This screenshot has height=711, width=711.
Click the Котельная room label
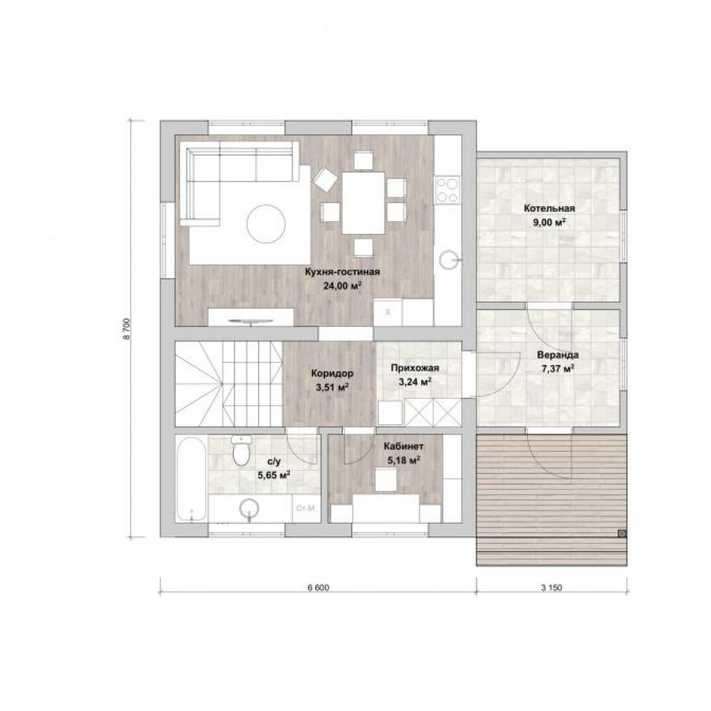549,209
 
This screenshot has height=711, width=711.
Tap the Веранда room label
558,355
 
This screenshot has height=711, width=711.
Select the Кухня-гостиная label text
342,272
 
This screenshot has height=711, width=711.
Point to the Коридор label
333,374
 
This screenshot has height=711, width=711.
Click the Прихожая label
415,367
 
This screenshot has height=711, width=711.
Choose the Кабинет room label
404,446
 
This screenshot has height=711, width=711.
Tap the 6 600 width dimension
318,588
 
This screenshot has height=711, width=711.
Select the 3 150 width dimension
551,588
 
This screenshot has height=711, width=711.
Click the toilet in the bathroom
241,450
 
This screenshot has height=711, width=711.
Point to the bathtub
191,477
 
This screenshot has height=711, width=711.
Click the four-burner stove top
447,190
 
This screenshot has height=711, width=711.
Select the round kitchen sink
450,260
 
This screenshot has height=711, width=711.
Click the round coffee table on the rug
266,224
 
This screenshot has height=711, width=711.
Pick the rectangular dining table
363,202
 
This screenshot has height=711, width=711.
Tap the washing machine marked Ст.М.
306,508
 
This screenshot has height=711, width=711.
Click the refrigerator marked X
388,312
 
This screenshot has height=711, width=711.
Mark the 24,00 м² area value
342,286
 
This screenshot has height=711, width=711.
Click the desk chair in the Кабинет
386,480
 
